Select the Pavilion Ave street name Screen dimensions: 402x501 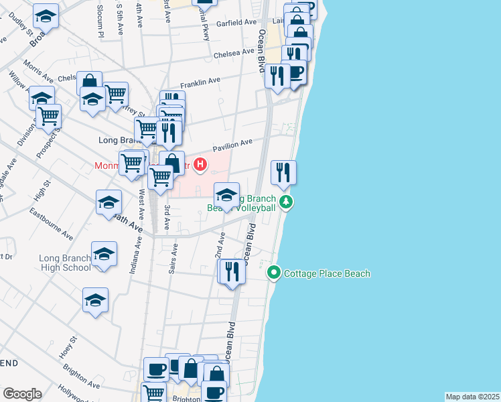point(232,143)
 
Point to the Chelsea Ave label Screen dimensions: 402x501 point(234,52)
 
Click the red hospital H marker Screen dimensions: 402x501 point(199,163)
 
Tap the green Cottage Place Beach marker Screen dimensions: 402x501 point(273,273)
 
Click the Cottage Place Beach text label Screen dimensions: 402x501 point(327,273)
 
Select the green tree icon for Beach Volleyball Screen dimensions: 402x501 point(286,201)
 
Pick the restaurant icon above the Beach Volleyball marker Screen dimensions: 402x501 point(284,172)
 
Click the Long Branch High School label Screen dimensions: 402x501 point(64,263)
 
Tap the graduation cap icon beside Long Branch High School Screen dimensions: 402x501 point(104,255)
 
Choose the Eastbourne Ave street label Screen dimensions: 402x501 point(51,223)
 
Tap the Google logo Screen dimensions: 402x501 point(22,394)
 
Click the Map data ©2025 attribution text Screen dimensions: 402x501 point(472,397)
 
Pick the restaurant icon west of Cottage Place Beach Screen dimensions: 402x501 point(232,271)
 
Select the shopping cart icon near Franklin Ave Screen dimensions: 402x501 point(116,94)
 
